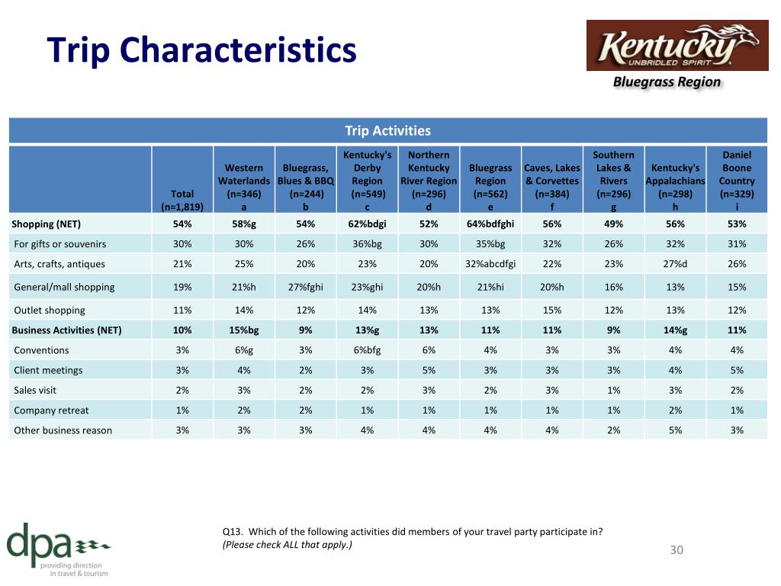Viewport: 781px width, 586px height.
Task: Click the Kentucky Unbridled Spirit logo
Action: (677, 45)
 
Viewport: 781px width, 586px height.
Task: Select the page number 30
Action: (677, 549)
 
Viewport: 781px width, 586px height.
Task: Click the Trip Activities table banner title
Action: (388, 130)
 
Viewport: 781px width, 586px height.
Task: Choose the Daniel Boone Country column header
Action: (737, 181)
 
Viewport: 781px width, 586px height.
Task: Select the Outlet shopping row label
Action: (50, 310)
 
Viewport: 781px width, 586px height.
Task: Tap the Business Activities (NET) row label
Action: (66, 330)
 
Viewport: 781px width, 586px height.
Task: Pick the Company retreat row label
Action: (51, 410)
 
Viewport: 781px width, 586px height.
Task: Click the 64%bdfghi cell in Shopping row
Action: (490, 224)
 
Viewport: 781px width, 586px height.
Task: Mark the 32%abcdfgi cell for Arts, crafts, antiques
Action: (490, 264)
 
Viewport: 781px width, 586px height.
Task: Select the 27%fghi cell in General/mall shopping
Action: (305, 287)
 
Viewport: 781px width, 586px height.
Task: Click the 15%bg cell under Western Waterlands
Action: (243, 330)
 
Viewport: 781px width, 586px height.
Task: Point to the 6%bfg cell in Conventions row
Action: (367, 349)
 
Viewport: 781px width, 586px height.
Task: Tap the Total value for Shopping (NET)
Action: (182, 224)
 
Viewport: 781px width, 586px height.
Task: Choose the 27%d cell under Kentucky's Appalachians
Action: (675, 264)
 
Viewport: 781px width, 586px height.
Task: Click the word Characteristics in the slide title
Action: (238, 50)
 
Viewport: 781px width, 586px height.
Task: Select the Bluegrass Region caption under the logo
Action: (667, 82)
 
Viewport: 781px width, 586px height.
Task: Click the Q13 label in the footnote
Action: (232, 532)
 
